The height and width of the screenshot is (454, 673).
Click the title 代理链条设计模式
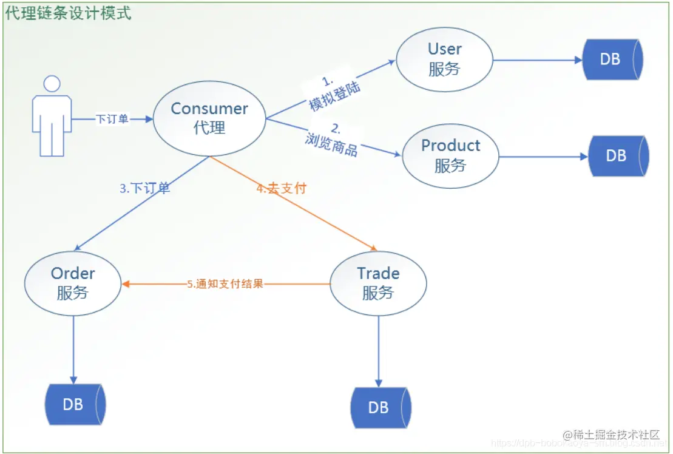[x=68, y=13]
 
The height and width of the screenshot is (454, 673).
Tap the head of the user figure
[x=52, y=84]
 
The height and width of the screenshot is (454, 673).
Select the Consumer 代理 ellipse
[x=209, y=118]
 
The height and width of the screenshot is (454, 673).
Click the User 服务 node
[x=444, y=59]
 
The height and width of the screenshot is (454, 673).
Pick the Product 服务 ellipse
[x=450, y=155]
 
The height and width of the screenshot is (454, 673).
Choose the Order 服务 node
[x=73, y=283]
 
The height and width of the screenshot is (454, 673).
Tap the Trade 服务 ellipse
[x=378, y=283]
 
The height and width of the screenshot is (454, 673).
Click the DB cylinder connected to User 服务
[x=612, y=59]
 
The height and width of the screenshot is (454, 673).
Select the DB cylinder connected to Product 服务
[x=618, y=156]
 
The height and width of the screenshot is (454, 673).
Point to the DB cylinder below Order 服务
[x=75, y=404]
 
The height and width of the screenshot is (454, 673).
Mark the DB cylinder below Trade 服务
[x=380, y=407]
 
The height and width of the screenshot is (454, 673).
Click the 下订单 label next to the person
[x=112, y=120]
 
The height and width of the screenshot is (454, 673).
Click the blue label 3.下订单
[x=144, y=188]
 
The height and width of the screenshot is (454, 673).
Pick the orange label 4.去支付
[x=281, y=188]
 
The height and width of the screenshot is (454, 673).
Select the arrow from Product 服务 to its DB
[x=543, y=157]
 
